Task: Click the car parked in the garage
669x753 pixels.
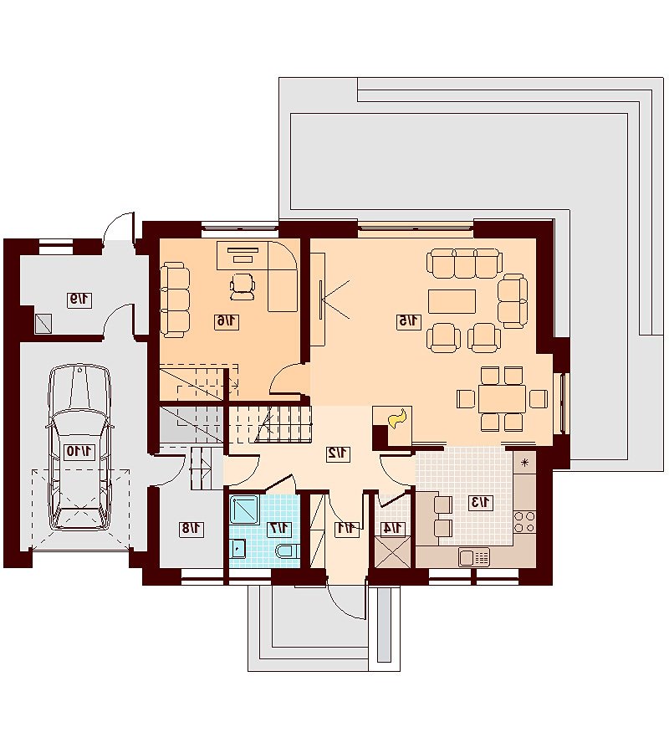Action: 79,447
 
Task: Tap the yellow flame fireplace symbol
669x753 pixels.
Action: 398,419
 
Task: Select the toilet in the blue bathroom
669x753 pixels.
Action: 288,551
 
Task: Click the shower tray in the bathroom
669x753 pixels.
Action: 245,510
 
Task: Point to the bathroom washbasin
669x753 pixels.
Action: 238,548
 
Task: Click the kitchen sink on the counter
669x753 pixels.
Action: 474,557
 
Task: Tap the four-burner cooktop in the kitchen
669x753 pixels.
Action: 524,521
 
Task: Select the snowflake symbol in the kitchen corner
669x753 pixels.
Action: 524,463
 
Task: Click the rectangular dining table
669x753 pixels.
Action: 502,398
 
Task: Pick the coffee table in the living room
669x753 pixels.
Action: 452,301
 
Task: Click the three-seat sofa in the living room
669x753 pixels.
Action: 465,264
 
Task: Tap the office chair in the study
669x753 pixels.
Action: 243,286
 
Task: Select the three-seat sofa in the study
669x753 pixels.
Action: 175,298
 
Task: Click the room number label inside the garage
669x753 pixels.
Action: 79,452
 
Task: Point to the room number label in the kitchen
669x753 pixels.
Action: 480,502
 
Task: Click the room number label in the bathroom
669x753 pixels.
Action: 279,528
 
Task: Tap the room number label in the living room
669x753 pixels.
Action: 408,320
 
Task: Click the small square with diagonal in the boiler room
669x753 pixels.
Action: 43,323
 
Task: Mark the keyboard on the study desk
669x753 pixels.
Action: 243,259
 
